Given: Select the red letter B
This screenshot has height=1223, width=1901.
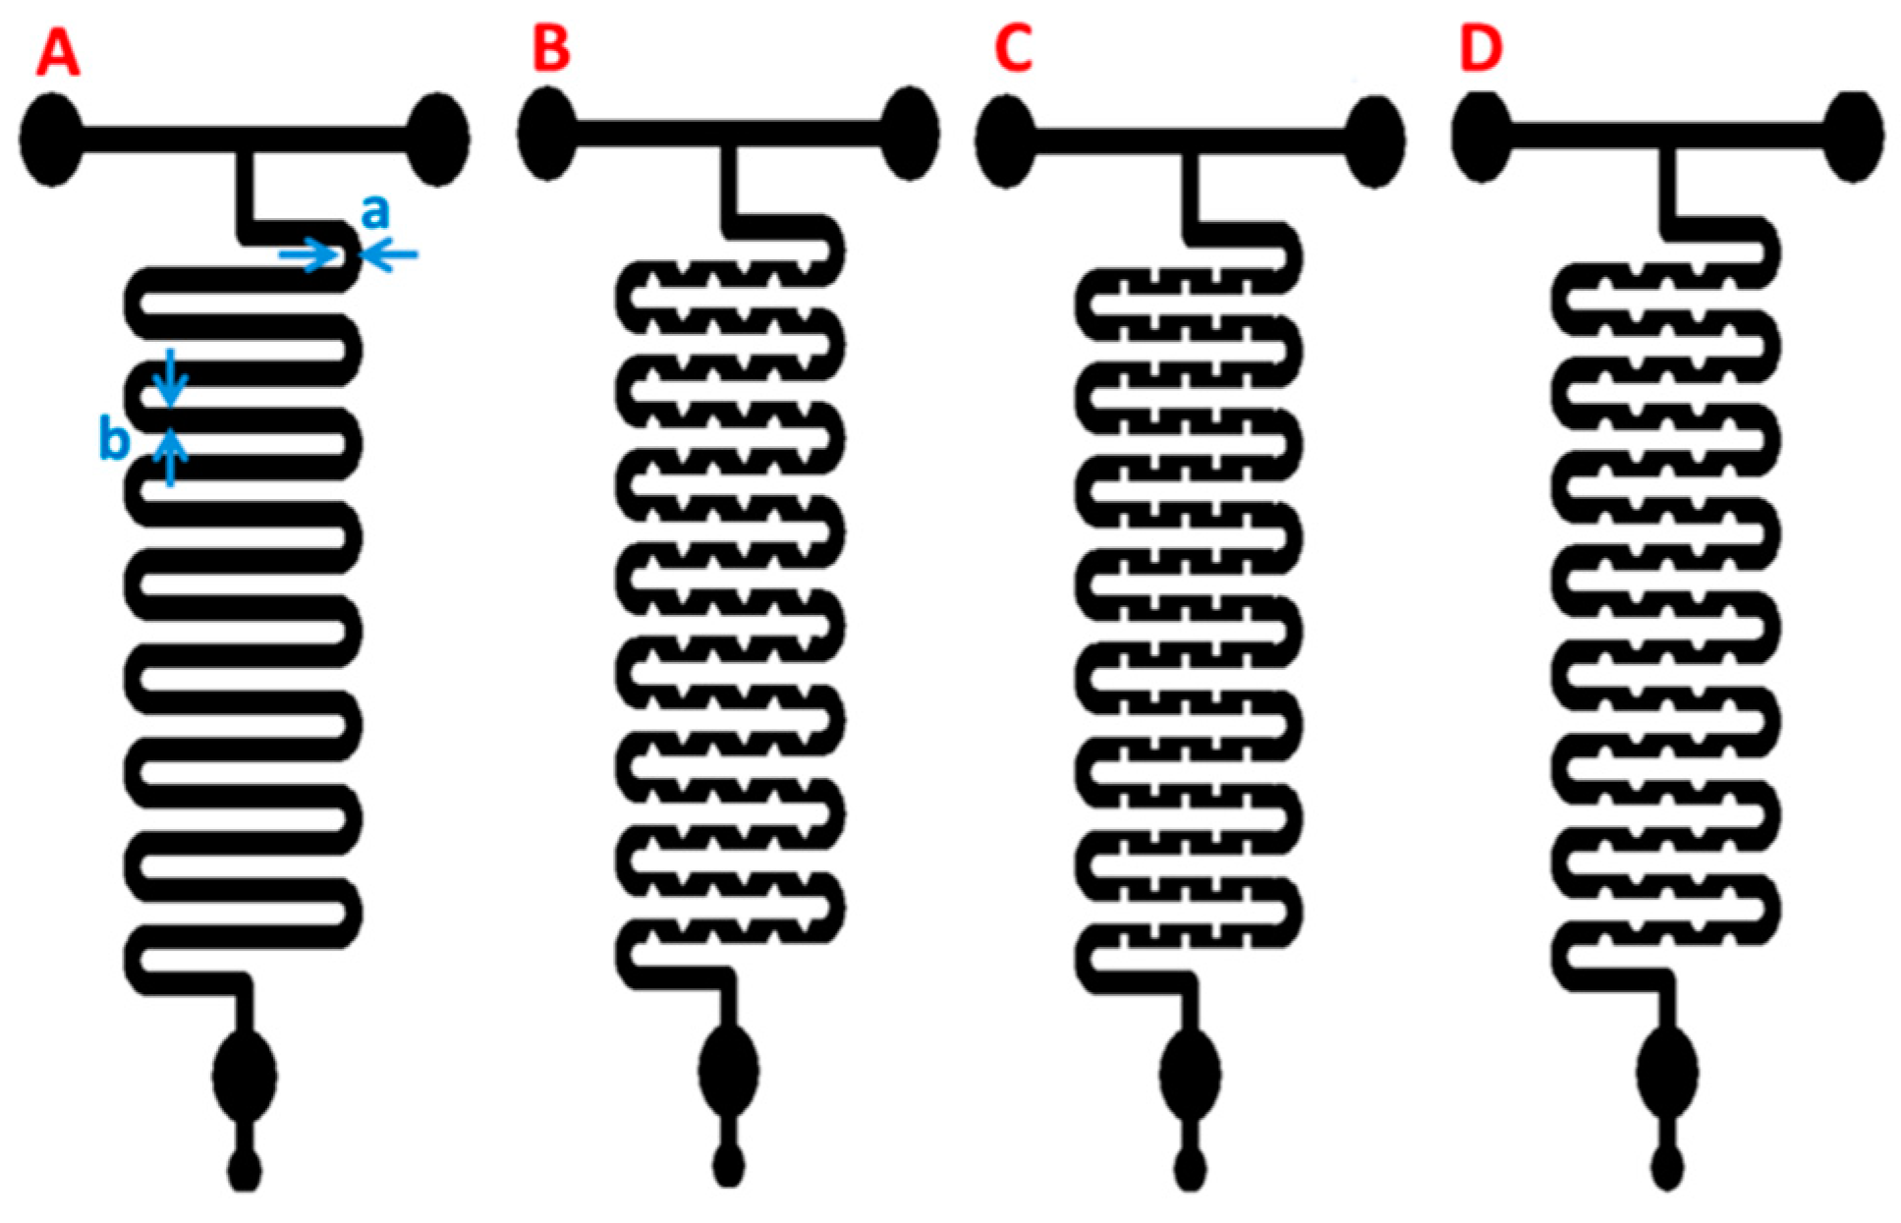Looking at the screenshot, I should (550, 49).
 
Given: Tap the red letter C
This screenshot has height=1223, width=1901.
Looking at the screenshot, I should (1013, 49).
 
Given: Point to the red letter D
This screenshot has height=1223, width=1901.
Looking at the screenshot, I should (1482, 49).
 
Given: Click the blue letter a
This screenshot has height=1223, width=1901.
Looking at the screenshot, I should (374, 211).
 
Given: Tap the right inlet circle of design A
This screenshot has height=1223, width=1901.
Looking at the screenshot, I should (437, 139).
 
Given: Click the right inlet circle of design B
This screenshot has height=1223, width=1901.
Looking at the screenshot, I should (910, 134).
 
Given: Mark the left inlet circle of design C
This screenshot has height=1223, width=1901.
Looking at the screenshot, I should (1006, 141).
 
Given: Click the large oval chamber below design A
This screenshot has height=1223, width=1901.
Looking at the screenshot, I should (245, 1075).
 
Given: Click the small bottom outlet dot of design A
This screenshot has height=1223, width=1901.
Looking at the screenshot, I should (245, 1169).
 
